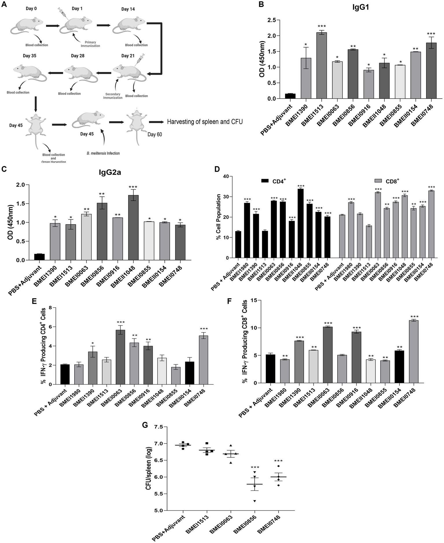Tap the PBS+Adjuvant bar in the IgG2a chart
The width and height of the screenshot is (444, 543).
39,257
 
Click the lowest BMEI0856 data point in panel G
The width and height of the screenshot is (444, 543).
255,501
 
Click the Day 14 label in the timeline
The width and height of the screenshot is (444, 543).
128,9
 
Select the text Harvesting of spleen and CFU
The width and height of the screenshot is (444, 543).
205,122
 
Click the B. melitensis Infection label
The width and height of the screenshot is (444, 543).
103,153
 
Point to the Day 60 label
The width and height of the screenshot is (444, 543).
155,134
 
